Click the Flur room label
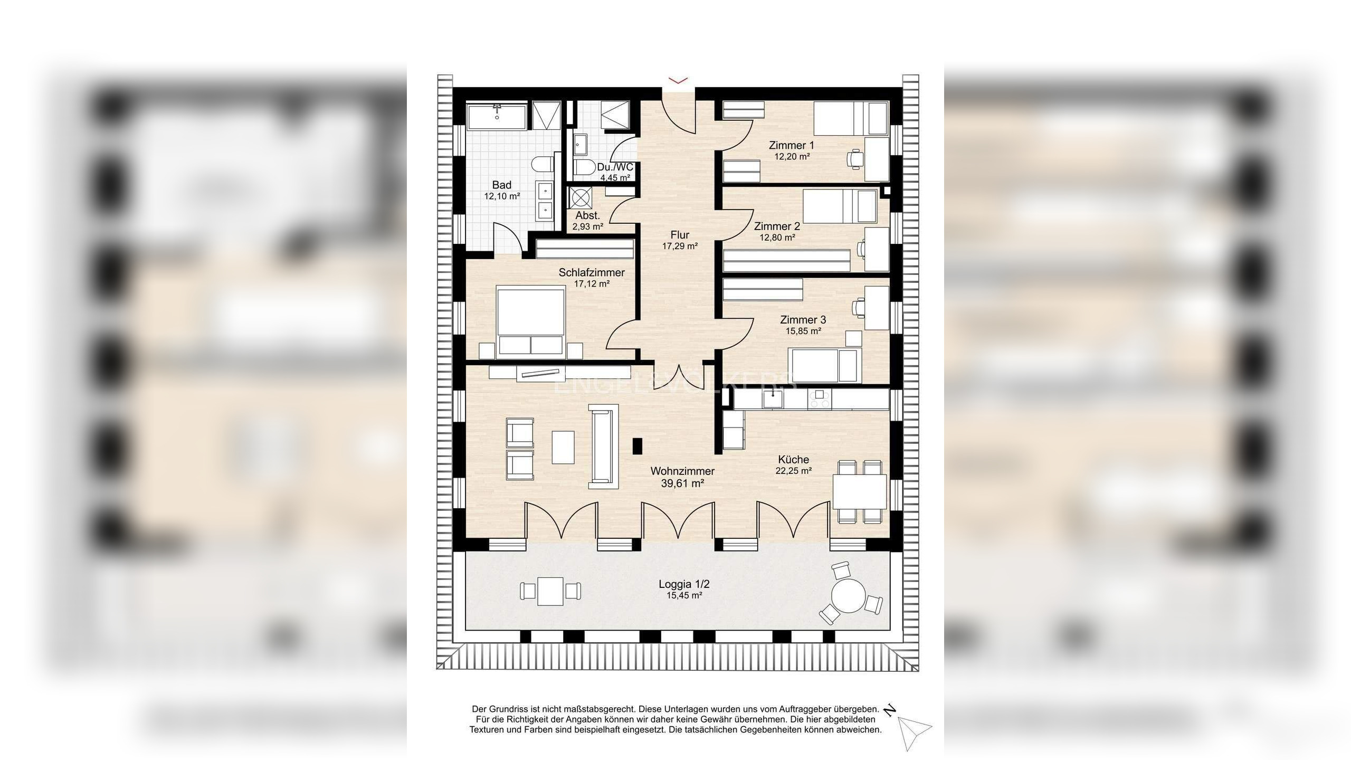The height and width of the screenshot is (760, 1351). click(x=680, y=235)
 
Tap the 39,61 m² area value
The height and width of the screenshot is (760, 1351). click(x=682, y=483)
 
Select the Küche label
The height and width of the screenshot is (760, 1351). click(x=793, y=460)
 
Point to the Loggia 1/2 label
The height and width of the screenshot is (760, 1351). click(x=684, y=584)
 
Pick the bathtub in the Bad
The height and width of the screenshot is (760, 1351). click(x=497, y=117)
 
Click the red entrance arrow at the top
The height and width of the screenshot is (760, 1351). click(x=678, y=80)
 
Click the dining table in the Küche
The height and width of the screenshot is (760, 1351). click(x=860, y=491)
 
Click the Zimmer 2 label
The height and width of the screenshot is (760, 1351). click(x=777, y=226)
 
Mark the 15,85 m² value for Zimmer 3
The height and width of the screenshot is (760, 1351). click(x=803, y=331)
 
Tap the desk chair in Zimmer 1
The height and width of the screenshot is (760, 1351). click(x=855, y=158)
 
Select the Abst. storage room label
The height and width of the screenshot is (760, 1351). click(x=587, y=215)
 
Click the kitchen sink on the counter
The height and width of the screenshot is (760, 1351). click(x=773, y=398)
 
